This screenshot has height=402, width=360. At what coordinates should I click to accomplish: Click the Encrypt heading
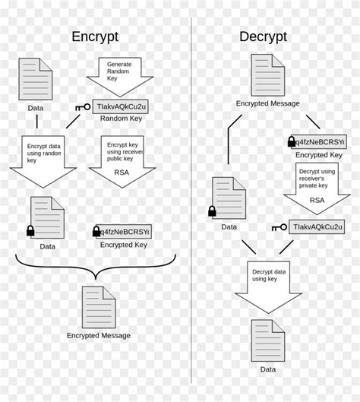[94, 37]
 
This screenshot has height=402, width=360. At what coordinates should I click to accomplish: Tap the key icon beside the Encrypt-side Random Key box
[83, 107]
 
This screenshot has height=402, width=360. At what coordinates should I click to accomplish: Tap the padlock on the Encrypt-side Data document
[31, 230]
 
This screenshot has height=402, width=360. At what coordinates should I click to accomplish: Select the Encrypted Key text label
[123, 245]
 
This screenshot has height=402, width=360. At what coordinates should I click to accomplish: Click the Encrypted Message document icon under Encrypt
[98, 306]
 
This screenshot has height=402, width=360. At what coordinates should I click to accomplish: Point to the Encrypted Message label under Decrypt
[267, 103]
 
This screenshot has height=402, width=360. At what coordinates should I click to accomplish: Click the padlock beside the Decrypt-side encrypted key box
[291, 142]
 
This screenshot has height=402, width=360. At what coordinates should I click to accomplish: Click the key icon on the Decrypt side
[277, 226]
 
